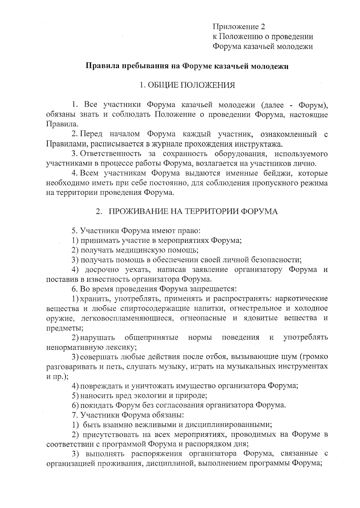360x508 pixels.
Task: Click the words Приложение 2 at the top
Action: [239, 27]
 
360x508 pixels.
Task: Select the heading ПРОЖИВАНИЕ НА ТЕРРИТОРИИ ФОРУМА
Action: [193, 211]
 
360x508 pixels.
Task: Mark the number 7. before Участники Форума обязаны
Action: [75, 415]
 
